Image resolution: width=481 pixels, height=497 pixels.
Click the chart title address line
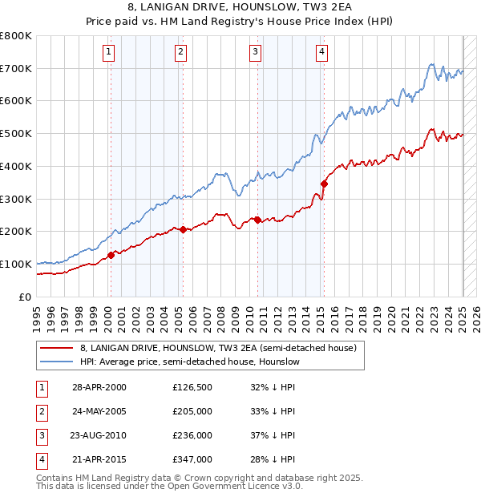click(240, 10)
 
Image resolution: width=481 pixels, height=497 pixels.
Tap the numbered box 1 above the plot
click(107, 53)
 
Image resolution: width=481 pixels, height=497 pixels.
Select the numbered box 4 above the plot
click(321, 53)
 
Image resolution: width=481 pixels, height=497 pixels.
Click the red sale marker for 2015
click(325, 184)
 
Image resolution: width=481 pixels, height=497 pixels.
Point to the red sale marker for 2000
click(111, 255)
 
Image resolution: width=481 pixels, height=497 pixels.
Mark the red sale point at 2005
click(183, 229)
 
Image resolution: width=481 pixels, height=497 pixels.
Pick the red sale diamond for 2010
click(257, 220)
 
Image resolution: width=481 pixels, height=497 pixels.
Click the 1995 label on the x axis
click(37, 313)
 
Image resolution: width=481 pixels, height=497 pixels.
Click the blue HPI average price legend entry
click(189, 362)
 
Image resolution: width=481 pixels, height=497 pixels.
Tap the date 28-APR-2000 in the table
click(99, 387)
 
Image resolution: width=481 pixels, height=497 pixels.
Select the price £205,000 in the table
click(192, 411)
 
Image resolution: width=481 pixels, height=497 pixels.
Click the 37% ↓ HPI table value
click(273, 435)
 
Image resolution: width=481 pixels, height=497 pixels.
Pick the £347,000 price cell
click(192, 459)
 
